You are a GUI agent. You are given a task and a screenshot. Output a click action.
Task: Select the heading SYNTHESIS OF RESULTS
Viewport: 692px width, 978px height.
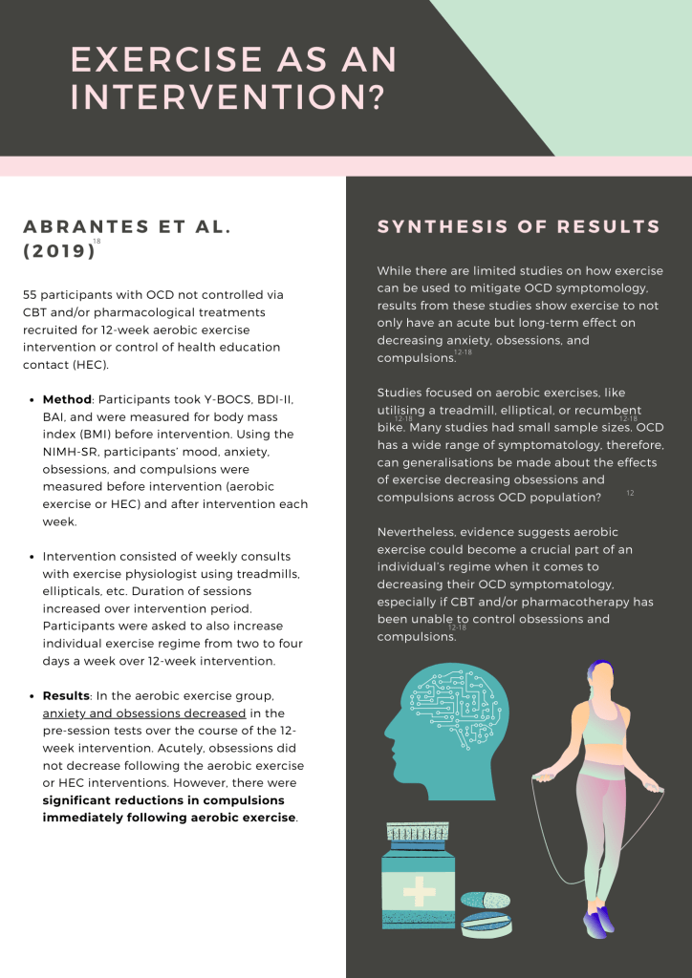519,227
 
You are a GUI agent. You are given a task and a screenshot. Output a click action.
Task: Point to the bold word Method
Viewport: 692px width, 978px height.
66,398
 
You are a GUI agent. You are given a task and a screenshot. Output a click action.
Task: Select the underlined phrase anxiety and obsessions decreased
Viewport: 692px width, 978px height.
144,713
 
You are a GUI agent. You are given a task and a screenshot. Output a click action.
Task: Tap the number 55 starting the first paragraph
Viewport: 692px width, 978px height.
31,295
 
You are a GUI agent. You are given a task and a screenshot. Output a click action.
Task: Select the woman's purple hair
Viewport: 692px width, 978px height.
597,670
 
